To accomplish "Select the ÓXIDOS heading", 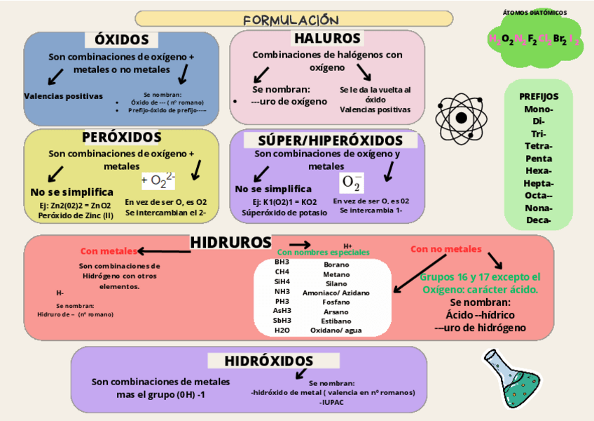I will (122, 40).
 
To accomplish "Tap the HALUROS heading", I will (327, 39).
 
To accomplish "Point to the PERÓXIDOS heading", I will (122, 137).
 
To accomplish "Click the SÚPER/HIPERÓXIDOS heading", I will (331, 140).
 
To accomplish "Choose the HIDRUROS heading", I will (230, 242).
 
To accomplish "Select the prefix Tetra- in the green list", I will (538, 146).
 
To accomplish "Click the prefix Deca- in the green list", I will (538, 220).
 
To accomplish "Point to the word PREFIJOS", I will (539, 96).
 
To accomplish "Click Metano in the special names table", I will (336, 274).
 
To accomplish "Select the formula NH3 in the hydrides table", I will (282, 291).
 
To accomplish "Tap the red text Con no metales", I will (446, 248).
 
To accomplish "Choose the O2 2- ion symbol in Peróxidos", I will (158, 182).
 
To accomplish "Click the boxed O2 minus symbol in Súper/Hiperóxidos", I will (352, 183).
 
